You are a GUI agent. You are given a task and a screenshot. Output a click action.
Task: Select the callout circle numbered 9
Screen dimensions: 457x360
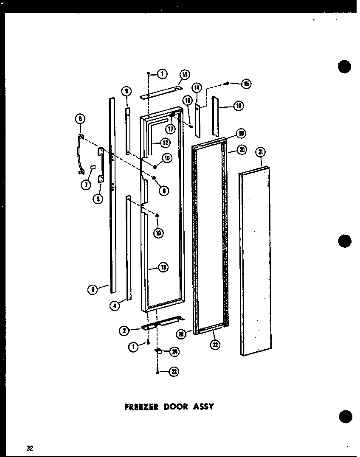126,90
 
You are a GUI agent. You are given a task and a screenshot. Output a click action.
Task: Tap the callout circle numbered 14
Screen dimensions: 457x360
197,87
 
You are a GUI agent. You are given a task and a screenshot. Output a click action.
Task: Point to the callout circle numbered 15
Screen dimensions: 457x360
246,84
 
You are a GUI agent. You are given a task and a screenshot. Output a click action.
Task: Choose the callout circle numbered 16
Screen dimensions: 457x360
239,106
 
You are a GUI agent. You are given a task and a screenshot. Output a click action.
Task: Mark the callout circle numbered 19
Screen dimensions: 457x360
241,134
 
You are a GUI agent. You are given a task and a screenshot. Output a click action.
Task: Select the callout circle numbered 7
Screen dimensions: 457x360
86,184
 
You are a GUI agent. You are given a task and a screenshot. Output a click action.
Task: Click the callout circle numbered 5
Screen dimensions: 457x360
98,198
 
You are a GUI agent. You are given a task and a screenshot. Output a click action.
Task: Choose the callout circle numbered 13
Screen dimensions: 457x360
163,267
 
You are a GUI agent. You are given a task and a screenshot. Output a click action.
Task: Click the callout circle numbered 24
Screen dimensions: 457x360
174,351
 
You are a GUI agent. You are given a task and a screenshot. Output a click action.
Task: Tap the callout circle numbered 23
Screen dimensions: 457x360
174,372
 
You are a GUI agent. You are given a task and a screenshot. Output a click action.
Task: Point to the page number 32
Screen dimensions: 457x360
29,448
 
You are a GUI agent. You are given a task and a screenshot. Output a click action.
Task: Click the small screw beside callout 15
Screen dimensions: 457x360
228,83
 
